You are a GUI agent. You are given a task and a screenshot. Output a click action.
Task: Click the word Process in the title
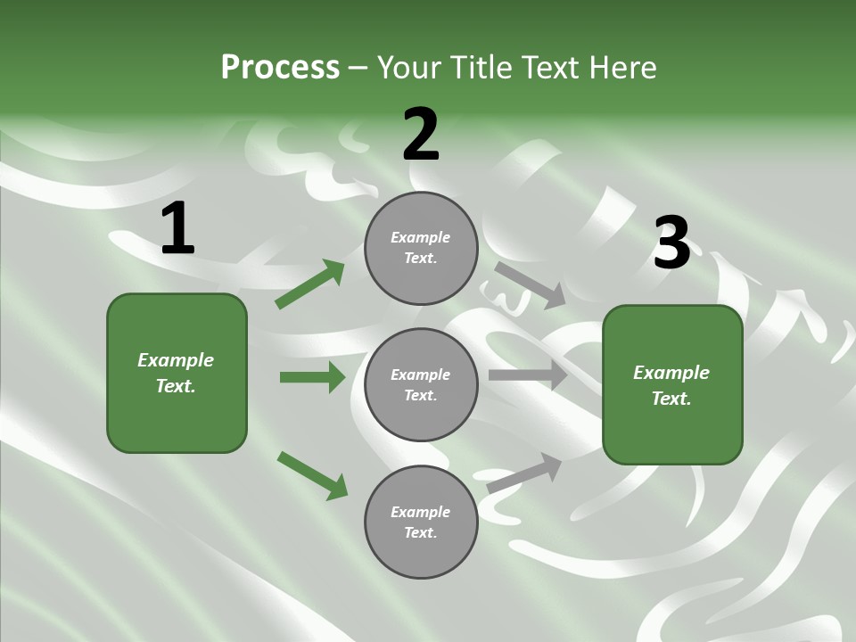[x=280, y=67]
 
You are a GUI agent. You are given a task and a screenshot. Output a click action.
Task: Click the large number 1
[x=177, y=229]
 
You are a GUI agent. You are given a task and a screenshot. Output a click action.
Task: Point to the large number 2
[x=421, y=135]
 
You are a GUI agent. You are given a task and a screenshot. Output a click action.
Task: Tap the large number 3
[x=671, y=243]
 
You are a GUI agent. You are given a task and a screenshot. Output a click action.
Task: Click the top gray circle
[x=421, y=248]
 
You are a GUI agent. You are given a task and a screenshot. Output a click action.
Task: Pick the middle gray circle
[x=421, y=384]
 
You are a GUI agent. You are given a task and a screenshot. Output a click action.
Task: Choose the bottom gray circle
[x=421, y=522]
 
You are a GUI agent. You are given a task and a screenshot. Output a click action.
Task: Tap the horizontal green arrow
[x=312, y=377]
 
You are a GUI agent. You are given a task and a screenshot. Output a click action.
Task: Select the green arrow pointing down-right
[x=312, y=475]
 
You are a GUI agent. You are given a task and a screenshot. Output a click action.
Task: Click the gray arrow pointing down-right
[x=529, y=283]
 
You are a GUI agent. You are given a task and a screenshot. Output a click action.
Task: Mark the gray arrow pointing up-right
[x=524, y=473]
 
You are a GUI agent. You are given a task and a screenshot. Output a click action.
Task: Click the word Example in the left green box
[x=176, y=360]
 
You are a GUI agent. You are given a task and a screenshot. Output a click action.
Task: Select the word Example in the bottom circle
[x=420, y=512]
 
